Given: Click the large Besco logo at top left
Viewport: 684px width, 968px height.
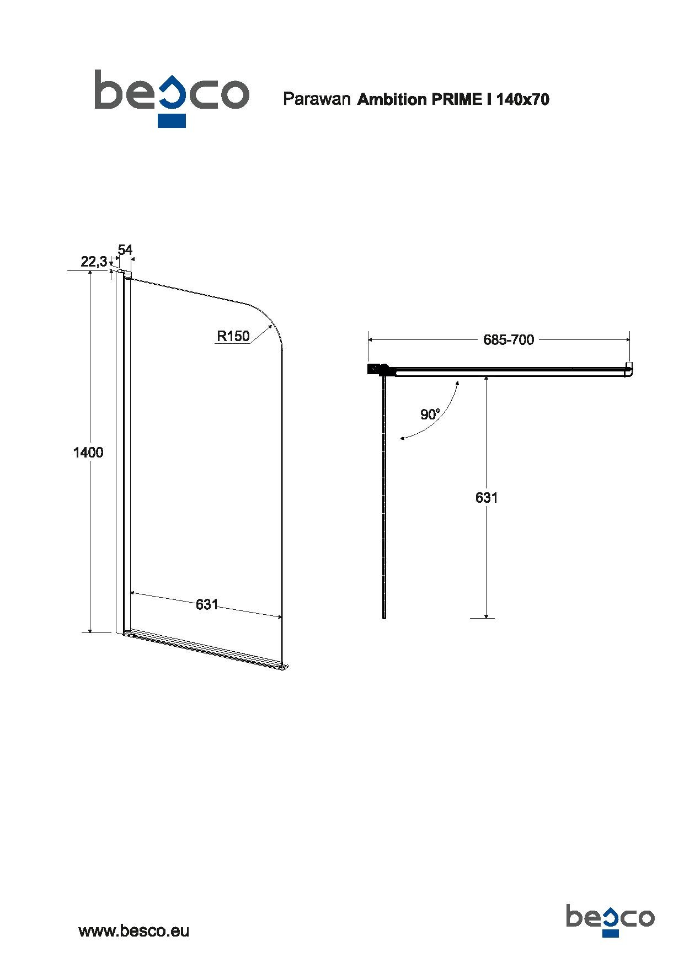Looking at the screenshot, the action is point(172,98).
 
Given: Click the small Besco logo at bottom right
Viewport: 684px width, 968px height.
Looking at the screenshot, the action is point(610,886).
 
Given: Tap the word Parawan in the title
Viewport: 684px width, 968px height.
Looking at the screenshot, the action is point(317,99).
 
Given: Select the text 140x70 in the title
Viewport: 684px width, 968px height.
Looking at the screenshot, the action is point(523,99).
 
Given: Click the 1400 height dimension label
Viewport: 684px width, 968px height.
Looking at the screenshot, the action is point(88,453).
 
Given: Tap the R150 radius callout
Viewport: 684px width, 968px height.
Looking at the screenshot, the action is point(233,336).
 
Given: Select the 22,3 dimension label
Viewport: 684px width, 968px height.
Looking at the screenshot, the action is point(94,262).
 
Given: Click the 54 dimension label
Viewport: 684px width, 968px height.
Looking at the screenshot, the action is point(125,249).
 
